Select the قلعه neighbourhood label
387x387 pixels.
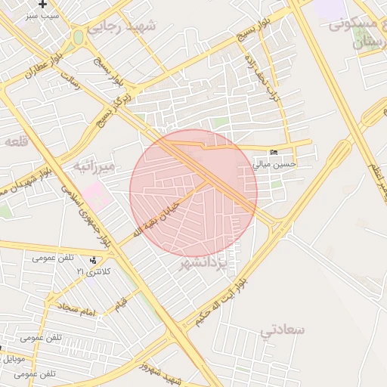[x=16, y=141]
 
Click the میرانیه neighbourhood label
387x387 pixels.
[x=94, y=166]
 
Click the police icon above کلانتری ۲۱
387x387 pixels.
[x=93, y=261]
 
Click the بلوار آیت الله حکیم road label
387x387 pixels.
[x=219, y=302]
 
